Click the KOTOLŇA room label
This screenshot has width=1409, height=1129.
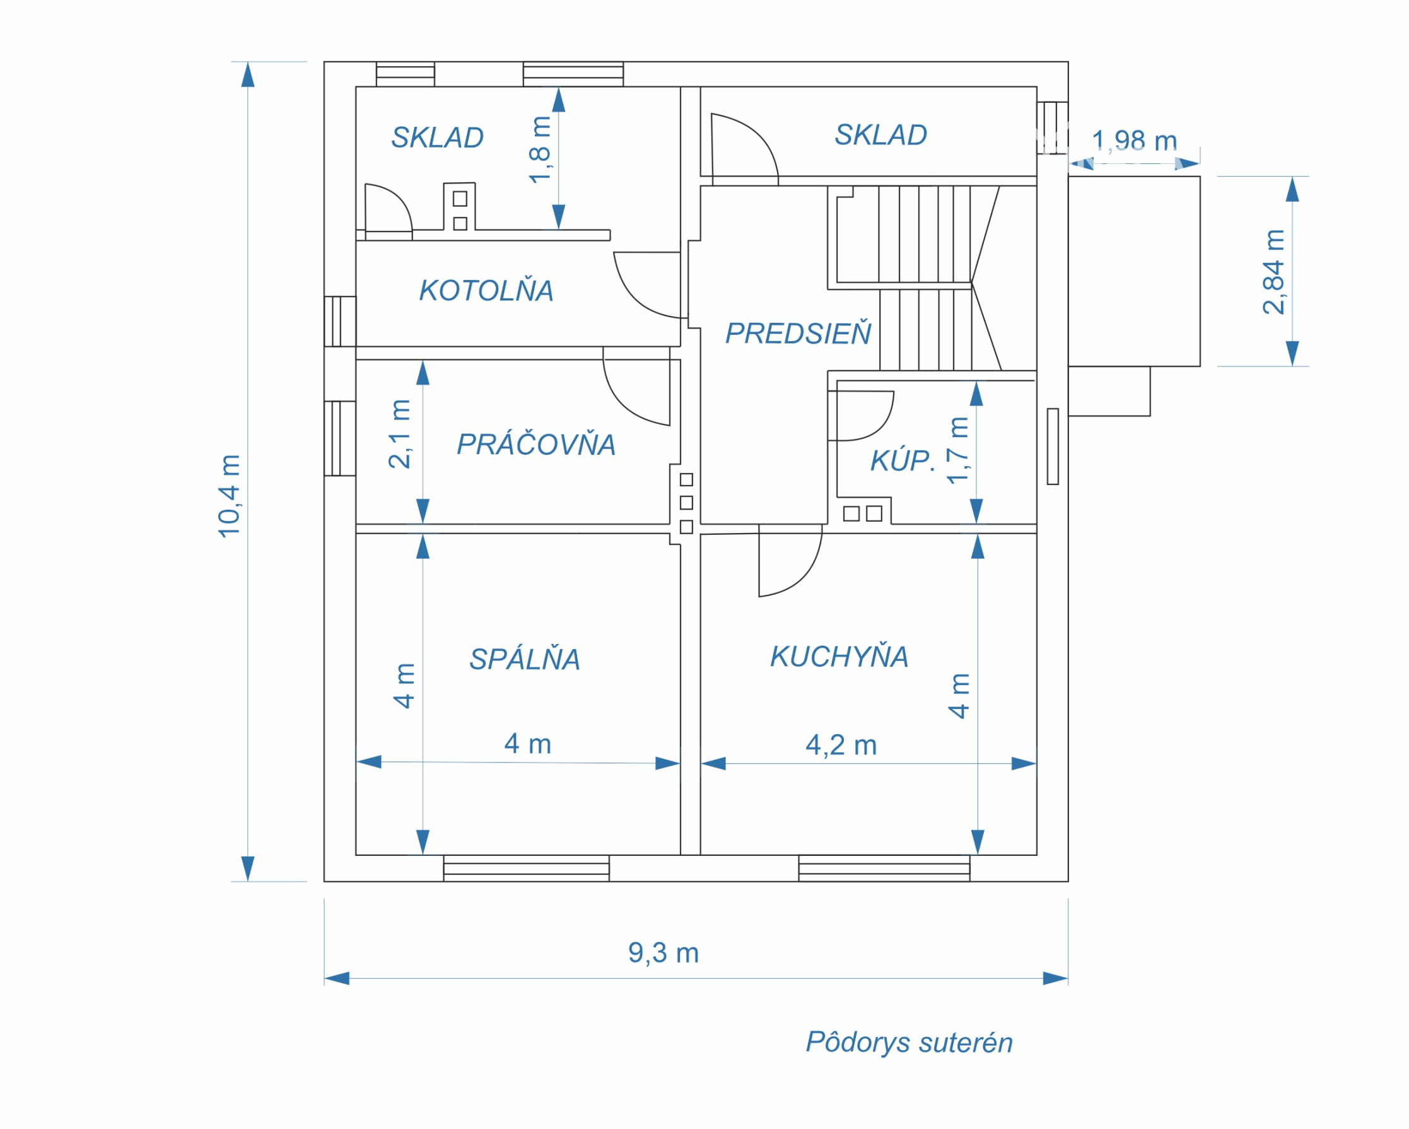tap(486, 291)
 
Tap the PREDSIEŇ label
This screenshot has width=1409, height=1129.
tap(798, 334)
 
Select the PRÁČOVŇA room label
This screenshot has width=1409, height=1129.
tap(536, 445)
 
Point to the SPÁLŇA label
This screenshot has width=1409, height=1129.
tap(525, 659)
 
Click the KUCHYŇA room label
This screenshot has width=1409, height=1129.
tap(839, 657)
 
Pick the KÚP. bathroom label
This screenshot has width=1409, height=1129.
tap(902, 461)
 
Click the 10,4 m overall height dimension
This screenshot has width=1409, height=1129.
tap(230, 496)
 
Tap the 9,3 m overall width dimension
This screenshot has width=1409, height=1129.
tap(664, 953)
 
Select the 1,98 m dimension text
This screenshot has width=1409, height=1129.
tap(1135, 141)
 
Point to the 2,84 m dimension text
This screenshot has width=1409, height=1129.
tap(1274, 272)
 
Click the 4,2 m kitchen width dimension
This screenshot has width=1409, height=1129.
tap(841, 746)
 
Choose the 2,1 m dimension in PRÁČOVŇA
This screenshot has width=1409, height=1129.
tap(400, 434)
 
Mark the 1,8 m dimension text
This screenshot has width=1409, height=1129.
tap(541, 149)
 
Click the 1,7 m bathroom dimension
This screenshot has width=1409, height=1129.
tap(958, 451)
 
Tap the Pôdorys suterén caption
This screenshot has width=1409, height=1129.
tap(909, 1043)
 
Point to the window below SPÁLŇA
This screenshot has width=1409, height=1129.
tap(526, 869)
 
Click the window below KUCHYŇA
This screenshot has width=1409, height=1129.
tap(884, 869)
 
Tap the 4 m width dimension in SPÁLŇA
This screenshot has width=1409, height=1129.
tap(527, 744)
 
